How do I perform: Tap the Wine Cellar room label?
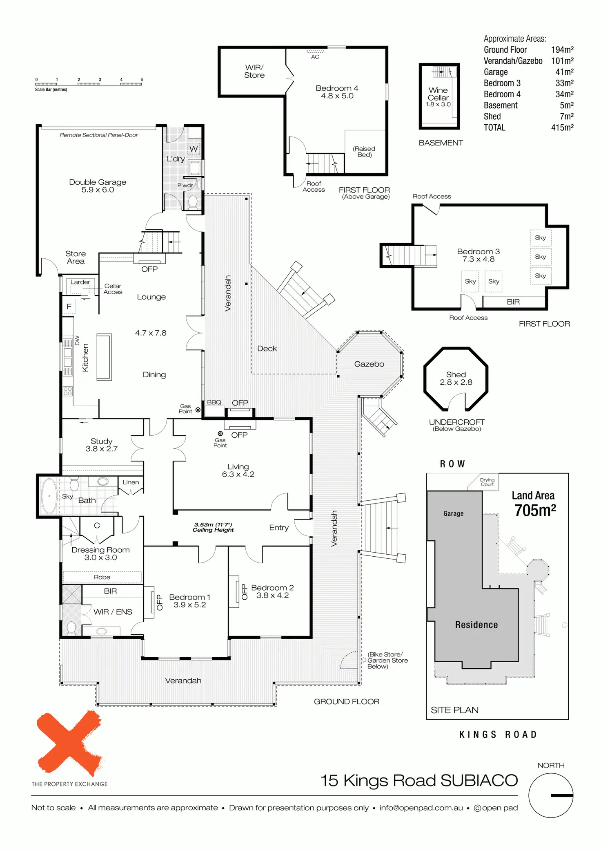(x=438, y=94)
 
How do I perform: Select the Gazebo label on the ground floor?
(x=369, y=364)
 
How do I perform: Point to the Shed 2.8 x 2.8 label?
(x=456, y=378)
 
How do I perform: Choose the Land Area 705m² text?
(x=534, y=504)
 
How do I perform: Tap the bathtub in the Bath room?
(x=49, y=496)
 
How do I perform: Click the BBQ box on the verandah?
(x=214, y=408)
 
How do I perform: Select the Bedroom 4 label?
(x=337, y=92)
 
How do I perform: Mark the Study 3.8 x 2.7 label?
(x=101, y=445)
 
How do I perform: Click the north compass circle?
(x=550, y=795)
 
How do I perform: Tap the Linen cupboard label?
(x=131, y=482)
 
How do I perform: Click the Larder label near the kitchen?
(x=80, y=282)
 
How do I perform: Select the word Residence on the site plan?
(x=476, y=625)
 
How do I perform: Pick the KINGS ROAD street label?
(x=498, y=735)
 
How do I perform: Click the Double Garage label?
(x=98, y=186)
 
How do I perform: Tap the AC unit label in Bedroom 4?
(x=315, y=57)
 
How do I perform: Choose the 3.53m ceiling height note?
(x=213, y=527)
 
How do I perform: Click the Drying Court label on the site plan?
(x=487, y=482)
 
